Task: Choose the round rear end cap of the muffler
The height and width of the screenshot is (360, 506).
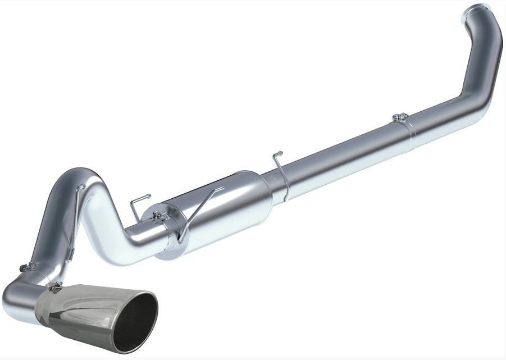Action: tap(168, 236)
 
